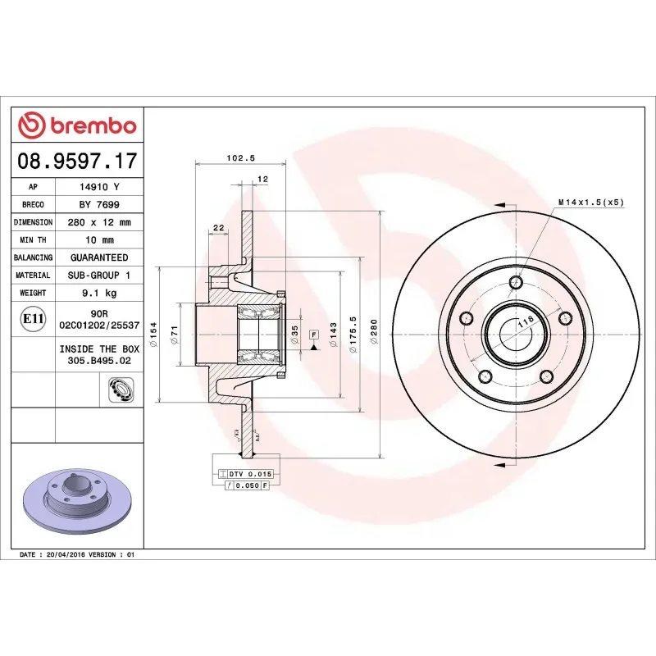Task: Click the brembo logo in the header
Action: pyautogui.click(x=77, y=125)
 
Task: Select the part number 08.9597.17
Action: pyautogui.click(x=77, y=161)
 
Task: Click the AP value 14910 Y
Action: pyautogui.click(x=99, y=187)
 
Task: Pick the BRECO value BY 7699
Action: pyautogui.click(x=99, y=204)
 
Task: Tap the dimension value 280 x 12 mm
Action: pyautogui.click(x=99, y=222)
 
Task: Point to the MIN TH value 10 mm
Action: pyautogui.click(x=99, y=240)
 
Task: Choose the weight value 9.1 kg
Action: pyautogui.click(x=99, y=293)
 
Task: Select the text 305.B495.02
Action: pyautogui.click(x=99, y=359)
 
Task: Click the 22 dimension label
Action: pyautogui.click(x=218, y=227)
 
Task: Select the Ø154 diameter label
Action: pyautogui.click(x=153, y=333)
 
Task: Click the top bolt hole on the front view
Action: pyautogui.click(x=516, y=284)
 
